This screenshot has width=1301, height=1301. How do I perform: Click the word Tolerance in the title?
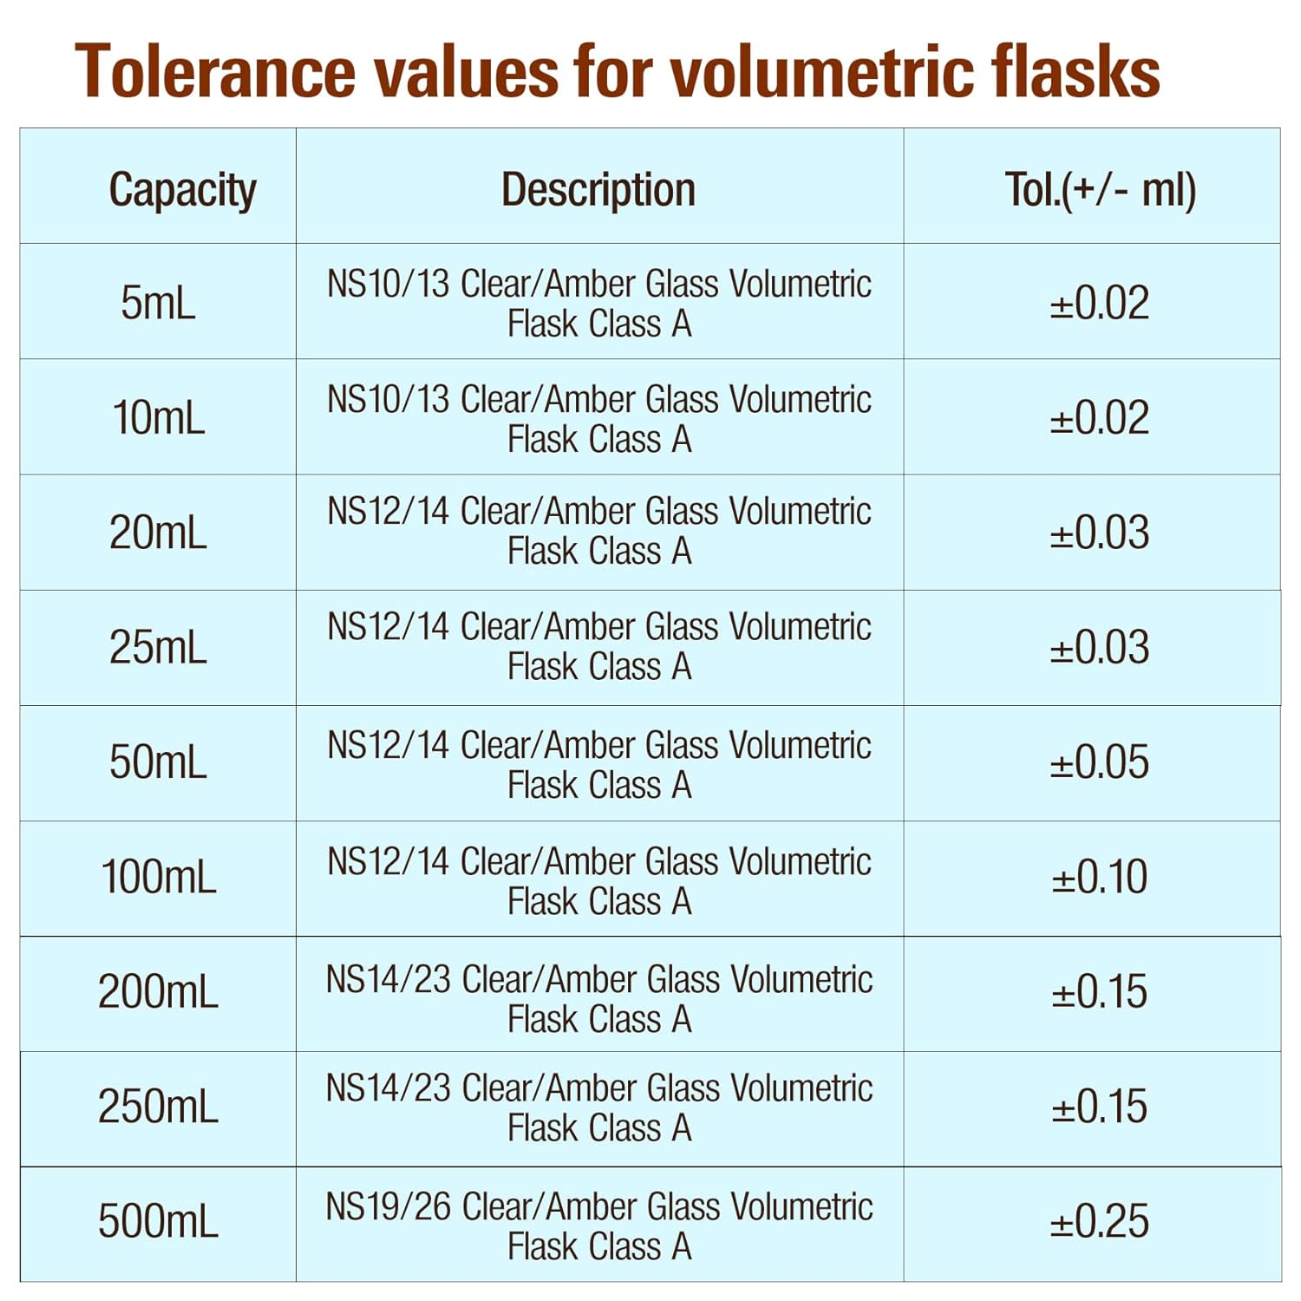(215, 71)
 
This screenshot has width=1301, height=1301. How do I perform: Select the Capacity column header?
(182, 189)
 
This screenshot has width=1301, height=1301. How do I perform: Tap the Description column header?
(598, 189)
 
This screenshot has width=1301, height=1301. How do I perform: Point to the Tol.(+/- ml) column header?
(1100, 189)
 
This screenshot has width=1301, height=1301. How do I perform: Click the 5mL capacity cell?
(158, 303)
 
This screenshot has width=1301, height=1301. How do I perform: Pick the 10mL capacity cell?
(159, 417)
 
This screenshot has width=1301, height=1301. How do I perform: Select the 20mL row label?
(158, 532)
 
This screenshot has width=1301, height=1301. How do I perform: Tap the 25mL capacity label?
(158, 647)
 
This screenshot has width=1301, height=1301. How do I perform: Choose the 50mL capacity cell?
(158, 762)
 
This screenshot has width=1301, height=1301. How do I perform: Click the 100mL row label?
(159, 877)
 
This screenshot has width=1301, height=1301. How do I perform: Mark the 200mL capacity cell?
(158, 991)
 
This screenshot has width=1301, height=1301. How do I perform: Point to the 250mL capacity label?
(158, 1107)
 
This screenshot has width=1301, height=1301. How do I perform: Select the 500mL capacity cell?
(158, 1221)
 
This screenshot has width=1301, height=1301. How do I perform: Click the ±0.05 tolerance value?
(1100, 762)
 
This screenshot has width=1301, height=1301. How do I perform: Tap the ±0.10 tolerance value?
(1100, 877)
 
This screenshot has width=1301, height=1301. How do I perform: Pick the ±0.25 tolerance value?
(1100, 1221)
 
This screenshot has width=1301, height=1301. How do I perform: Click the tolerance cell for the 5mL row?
(1100, 303)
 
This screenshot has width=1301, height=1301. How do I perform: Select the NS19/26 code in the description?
(388, 1206)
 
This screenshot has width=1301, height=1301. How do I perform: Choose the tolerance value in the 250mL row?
(1100, 1107)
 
